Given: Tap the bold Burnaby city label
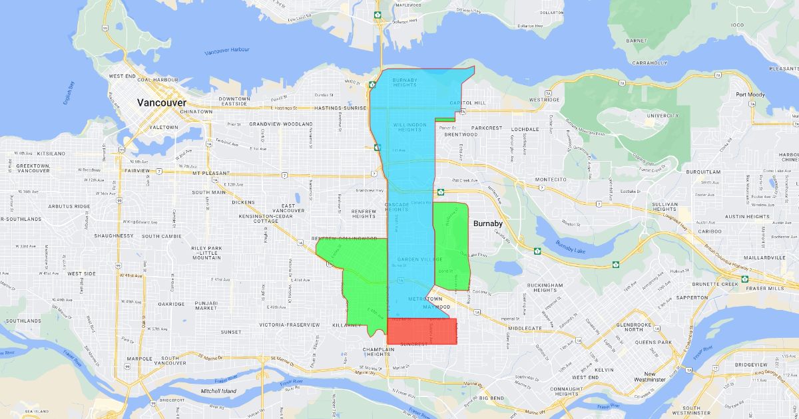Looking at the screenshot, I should tap(488, 223).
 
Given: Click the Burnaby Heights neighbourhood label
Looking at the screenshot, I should tap(404, 82).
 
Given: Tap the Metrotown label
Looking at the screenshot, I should tap(421, 299).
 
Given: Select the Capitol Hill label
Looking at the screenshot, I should tap(465, 103).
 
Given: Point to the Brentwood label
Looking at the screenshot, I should tap(460, 134).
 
